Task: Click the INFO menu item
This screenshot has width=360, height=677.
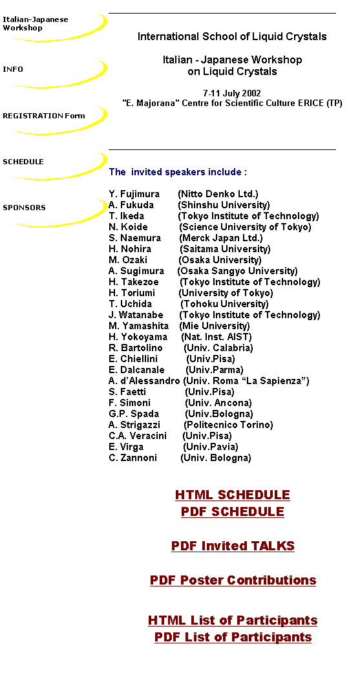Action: pos(13,70)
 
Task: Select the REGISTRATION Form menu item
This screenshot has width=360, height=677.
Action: pos(43,116)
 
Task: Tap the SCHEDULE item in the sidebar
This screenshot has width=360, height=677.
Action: pos(23,162)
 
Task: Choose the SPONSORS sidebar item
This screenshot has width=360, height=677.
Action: pos(24,208)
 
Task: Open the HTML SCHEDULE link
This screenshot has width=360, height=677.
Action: pos(233,495)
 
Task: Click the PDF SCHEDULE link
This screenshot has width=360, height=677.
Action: pos(233,511)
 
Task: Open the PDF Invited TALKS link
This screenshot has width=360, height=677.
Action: pos(233,546)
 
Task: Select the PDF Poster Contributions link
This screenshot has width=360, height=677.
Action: pos(233,580)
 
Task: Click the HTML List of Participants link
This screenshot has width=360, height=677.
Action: pos(233,621)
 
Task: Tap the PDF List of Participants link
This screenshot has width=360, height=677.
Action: pos(233,638)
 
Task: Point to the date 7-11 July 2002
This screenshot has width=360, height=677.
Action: pos(232,93)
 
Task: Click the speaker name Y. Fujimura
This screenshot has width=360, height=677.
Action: pos(134,194)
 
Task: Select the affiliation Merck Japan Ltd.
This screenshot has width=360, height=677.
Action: pos(221,238)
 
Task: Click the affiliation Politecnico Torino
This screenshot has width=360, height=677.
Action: pos(228,425)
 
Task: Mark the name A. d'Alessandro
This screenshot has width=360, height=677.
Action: pos(144,381)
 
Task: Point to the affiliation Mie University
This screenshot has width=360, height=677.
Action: pos(215,326)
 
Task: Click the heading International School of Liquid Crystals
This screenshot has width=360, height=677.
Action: pos(232,37)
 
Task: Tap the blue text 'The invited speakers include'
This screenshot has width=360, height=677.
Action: pos(178,172)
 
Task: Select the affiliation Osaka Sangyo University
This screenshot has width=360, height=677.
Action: pos(237,271)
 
